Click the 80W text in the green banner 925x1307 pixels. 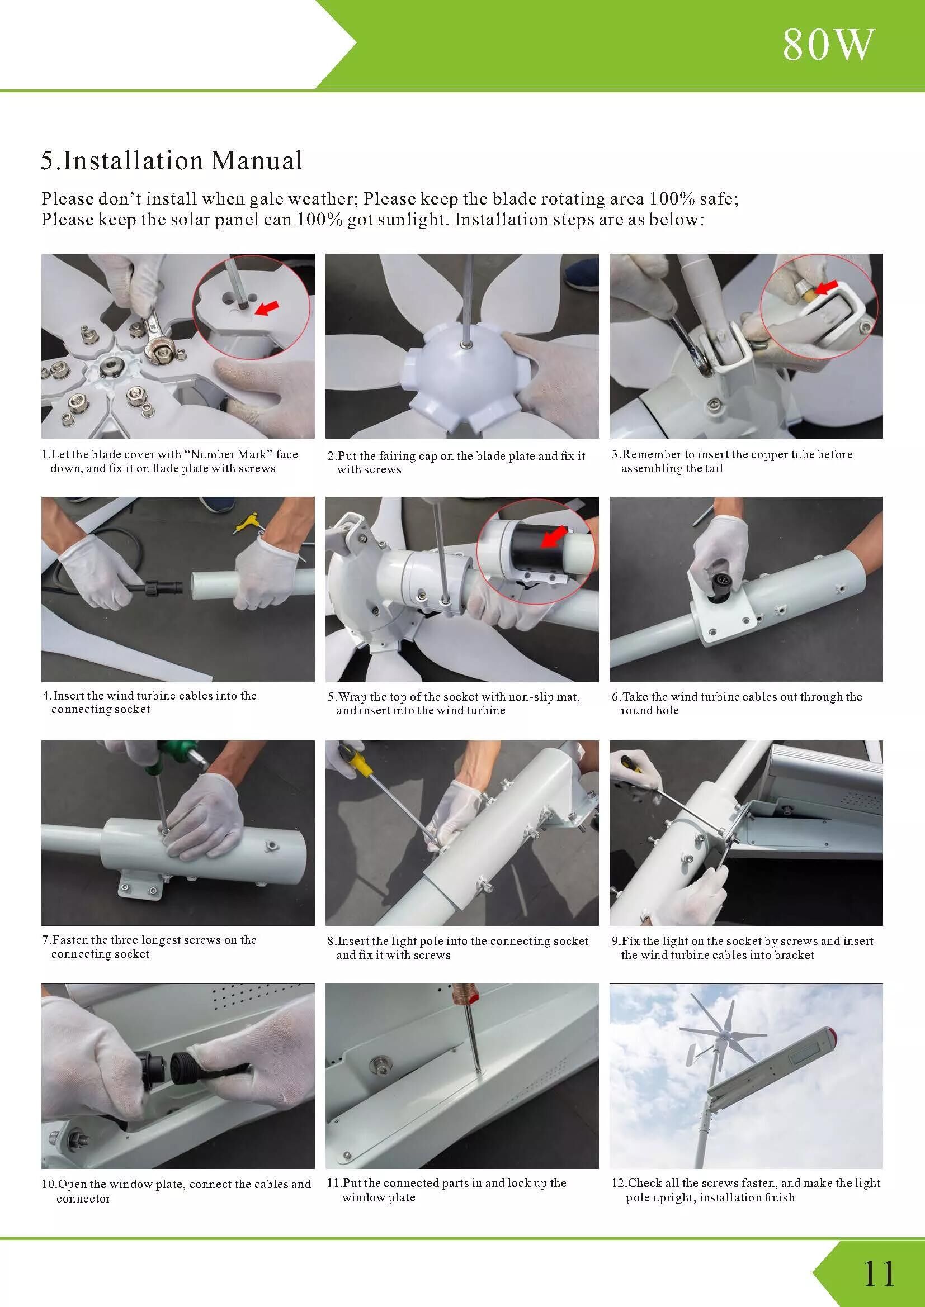(828, 45)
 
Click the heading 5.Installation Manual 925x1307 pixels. (172, 160)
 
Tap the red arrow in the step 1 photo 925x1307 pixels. (268, 308)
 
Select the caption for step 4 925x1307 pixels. (150, 702)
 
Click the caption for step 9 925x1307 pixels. (743, 948)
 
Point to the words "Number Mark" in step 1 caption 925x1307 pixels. (226, 454)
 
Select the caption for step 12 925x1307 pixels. (746, 1190)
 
